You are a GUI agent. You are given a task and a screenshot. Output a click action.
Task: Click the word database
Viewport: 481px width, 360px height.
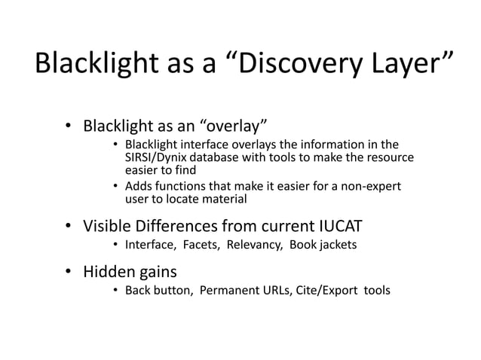[219, 157]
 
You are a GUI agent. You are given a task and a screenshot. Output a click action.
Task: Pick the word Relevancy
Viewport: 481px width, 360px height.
[250, 245]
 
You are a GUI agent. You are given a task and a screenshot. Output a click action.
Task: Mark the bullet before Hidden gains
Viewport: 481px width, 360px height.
[67, 271]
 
